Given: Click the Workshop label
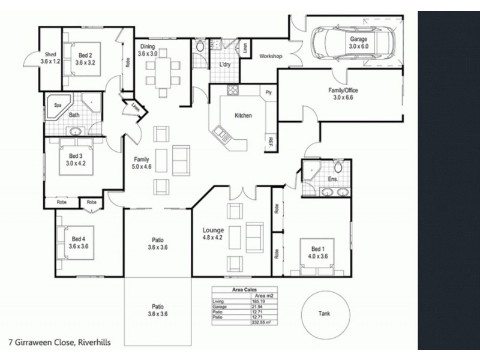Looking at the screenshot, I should [271, 56].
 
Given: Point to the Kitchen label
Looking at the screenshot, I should [243, 116].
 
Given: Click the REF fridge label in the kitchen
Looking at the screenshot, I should [271, 142].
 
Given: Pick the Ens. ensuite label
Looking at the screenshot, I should [334, 179].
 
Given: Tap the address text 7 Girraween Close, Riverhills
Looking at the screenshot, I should [59, 343].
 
